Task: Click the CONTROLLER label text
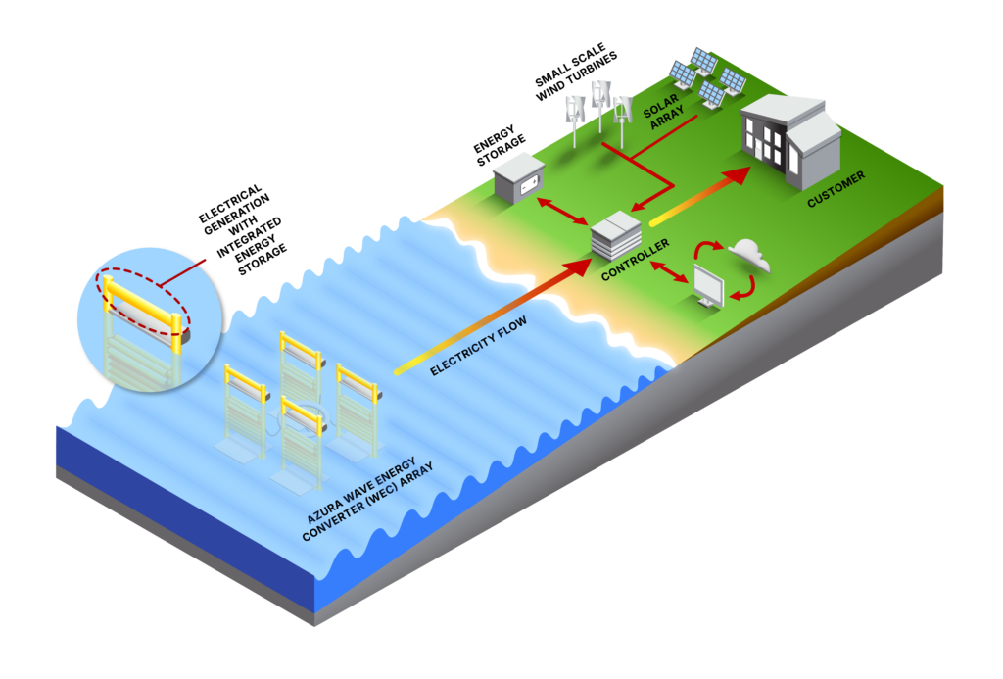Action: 636,260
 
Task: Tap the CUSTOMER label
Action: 836,189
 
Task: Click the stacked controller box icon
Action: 615,236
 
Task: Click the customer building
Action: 789,140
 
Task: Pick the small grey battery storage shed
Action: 518,177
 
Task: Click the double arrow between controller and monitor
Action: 671,271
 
